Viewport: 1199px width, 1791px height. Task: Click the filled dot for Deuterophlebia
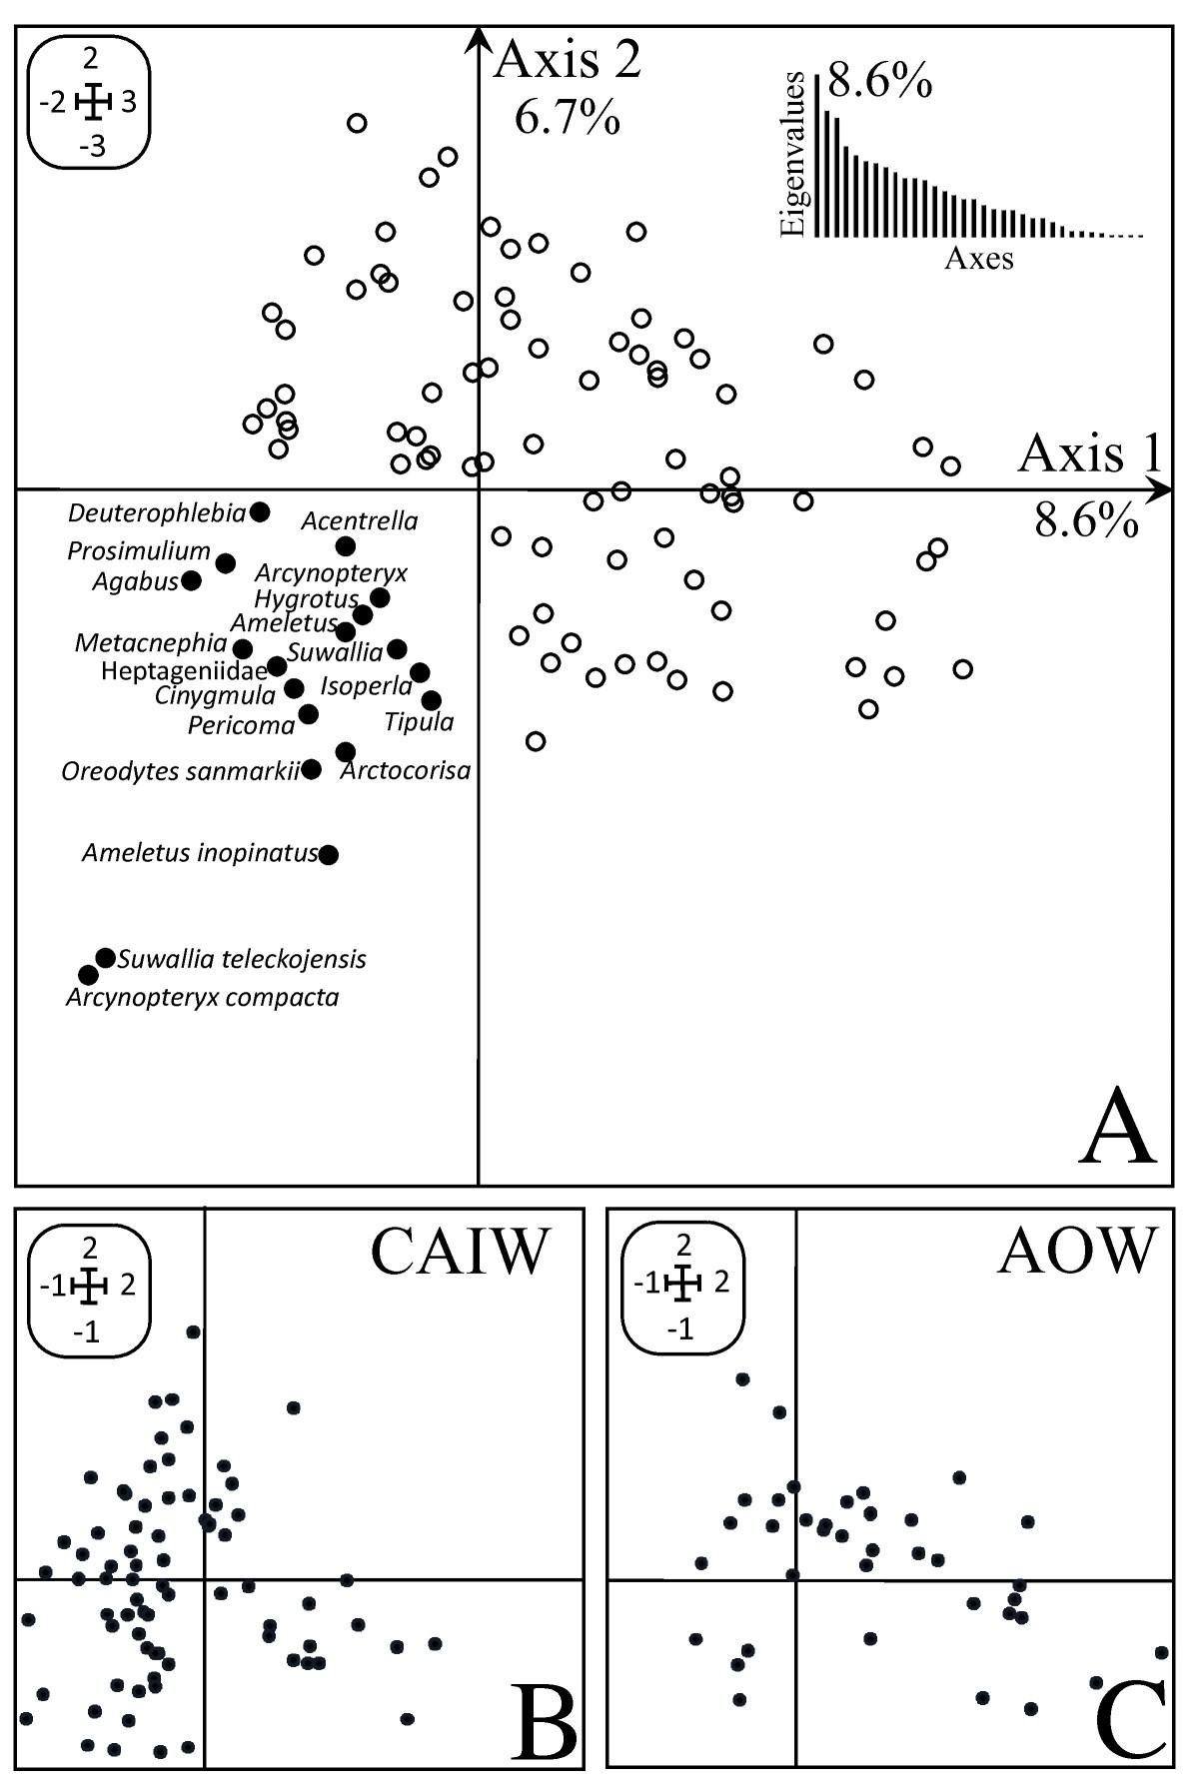260,511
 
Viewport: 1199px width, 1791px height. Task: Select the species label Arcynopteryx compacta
202,997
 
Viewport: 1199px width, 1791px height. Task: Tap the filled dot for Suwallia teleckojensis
105,958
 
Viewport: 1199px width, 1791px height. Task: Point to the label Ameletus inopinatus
200,854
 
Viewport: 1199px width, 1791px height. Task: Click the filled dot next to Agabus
191,580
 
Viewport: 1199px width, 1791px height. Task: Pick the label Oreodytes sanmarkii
181,771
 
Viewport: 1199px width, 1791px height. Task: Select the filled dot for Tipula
431,700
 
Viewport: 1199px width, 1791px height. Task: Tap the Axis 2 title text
568,62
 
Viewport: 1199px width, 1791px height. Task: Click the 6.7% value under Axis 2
567,119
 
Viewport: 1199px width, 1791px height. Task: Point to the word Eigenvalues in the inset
793,154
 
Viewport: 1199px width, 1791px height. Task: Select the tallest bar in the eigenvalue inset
818,156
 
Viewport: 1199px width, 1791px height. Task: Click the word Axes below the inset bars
978,260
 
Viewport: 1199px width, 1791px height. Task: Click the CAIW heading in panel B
461,1251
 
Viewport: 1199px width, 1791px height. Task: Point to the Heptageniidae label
184,670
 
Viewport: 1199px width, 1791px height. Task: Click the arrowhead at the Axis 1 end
1161,489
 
